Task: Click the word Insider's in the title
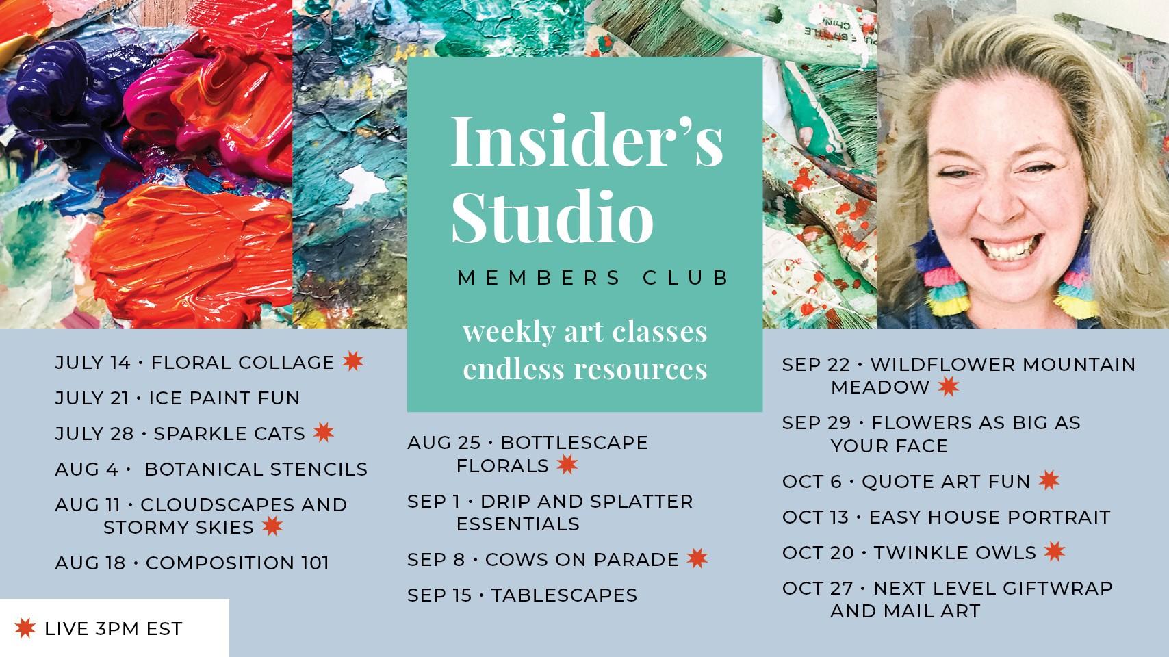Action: [x=587, y=141]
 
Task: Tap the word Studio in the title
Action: [x=552, y=216]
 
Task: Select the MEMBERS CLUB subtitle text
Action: [x=593, y=278]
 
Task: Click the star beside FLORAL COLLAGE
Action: [x=353, y=361]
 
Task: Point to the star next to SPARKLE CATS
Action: [x=324, y=432]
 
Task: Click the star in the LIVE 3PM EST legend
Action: [x=25, y=628]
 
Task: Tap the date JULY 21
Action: [x=92, y=398]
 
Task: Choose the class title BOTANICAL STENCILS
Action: [x=256, y=469]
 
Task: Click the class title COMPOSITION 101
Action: [x=237, y=563]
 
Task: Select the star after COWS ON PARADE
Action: [x=697, y=558]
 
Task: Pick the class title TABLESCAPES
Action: [x=564, y=595]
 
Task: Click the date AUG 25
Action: [x=444, y=443]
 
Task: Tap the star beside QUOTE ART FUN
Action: [x=1049, y=480]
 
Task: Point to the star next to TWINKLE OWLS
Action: [x=1055, y=552]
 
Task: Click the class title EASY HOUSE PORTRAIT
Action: [x=990, y=517]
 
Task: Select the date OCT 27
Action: [x=817, y=589]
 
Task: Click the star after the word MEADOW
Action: [x=948, y=386]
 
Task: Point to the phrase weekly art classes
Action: [x=585, y=332]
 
